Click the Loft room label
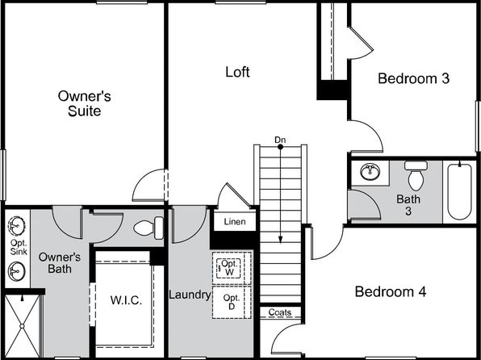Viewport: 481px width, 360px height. click(237, 72)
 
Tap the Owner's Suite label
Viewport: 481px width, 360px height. click(85, 103)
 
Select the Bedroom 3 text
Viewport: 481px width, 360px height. click(413, 78)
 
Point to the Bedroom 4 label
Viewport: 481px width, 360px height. click(391, 291)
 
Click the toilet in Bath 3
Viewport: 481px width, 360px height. click(416, 175)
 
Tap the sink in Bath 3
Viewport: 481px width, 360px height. click(370, 171)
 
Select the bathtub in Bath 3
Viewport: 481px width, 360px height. click(459, 191)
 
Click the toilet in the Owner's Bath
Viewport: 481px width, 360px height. click(148, 228)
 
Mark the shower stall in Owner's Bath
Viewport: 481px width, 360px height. click(23, 325)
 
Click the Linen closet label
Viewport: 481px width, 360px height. click(235, 221)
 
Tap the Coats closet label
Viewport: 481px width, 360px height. click(280, 312)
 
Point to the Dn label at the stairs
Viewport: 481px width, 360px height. click(280, 140)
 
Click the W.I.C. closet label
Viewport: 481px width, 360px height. click(126, 300)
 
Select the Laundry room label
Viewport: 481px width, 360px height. click(190, 295)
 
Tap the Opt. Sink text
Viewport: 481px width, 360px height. click(19, 247)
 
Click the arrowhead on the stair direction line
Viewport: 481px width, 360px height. click(280, 240)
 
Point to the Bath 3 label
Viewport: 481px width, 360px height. click(408, 205)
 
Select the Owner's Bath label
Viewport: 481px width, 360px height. click(60, 262)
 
